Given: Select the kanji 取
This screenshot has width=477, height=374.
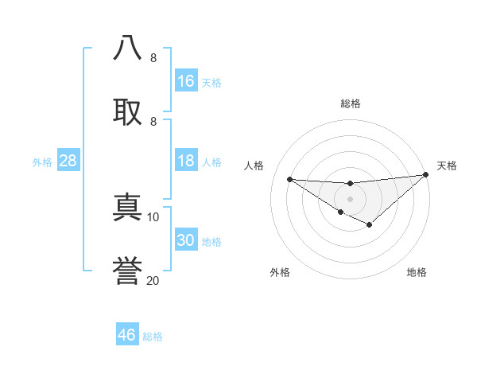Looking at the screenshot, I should pos(127,110).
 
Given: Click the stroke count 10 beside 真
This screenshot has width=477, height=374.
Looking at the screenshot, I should pos(153,216).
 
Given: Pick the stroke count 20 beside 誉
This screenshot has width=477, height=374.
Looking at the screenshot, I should pos(153,280).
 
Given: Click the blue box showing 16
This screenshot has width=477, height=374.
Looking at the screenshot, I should pos(186,80).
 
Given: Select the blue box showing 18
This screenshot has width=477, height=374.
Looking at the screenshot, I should pos(186,161).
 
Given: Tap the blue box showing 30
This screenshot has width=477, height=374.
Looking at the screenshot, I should pos(186,240).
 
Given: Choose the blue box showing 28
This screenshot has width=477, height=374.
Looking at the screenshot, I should pos(68,161).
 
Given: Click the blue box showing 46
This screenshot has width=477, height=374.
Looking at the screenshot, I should pos(127,334).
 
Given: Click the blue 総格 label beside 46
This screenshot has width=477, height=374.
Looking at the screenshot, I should pos(153,337).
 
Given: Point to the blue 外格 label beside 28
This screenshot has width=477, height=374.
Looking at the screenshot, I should pos(42,162).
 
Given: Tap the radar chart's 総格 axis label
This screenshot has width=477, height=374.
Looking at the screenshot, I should pos(351,103).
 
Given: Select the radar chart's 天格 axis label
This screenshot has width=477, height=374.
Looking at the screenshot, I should pos(447,166).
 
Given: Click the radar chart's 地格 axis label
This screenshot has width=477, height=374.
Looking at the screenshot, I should pos(417,272).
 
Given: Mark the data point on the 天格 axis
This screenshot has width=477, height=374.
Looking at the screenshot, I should pos(425,174).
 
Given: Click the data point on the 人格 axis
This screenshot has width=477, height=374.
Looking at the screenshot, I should pos(290,178).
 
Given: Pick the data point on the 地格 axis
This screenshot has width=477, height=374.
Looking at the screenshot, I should pos(369,225).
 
